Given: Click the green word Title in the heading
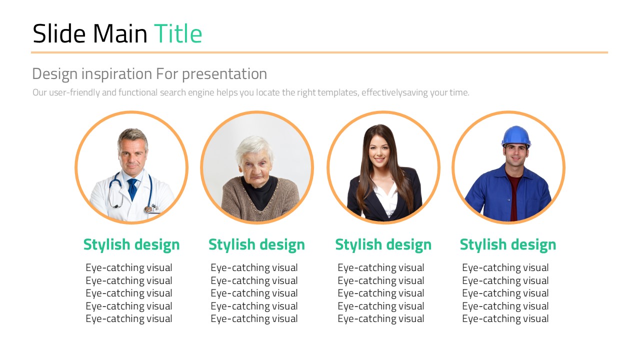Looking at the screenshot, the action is (x=178, y=33).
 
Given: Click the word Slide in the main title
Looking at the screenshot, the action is (x=59, y=33).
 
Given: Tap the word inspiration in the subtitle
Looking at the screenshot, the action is (x=116, y=74).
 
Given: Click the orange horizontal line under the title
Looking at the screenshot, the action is (x=319, y=52).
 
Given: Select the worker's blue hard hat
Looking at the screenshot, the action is (x=516, y=136).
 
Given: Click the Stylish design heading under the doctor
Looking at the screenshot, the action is (x=131, y=245).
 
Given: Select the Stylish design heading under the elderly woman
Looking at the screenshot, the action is (x=257, y=245).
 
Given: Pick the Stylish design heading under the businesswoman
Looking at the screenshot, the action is (x=383, y=245).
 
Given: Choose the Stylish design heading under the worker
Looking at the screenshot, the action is (x=508, y=245).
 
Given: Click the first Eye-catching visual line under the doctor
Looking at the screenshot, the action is (x=129, y=268).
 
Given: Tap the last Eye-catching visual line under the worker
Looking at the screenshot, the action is (x=505, y=319).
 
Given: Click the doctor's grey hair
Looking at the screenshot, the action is (x=132, y=136).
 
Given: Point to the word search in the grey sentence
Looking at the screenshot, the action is (x=173, y=92).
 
